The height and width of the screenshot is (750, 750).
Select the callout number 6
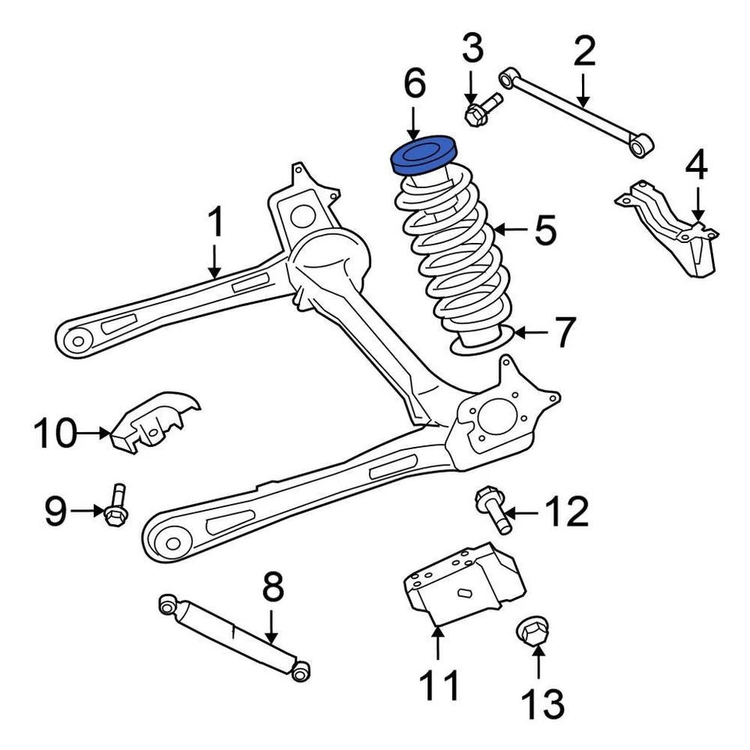pyautogui.click(x=415, y=84)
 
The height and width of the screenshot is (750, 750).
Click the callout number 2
pyautogui.click(x=584, y=52)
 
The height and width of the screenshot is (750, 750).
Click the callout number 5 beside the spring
pyautogui.click(x=545, y=231)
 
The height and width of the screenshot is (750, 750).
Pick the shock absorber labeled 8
pyautogui.click(x=234, y=634)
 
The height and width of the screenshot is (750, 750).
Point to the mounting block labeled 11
pyautogui.click(x=457, y=586)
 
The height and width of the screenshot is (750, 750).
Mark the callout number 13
pyautogui.click(x=541, y=704)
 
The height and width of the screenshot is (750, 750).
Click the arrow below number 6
pyautogui.click(x=415, y=123)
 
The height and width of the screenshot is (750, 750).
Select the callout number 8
pyautogui.click(x=271, y=588)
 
